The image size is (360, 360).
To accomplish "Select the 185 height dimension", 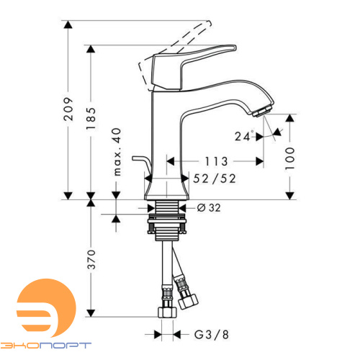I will tap(91, 123).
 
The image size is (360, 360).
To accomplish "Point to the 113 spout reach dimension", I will tap(216, 161).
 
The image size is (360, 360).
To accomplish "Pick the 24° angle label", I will tap(244, 135).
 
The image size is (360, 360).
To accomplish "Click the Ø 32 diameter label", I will tap(210, 207).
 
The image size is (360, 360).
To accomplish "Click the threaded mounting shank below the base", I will tap(167, 210).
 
